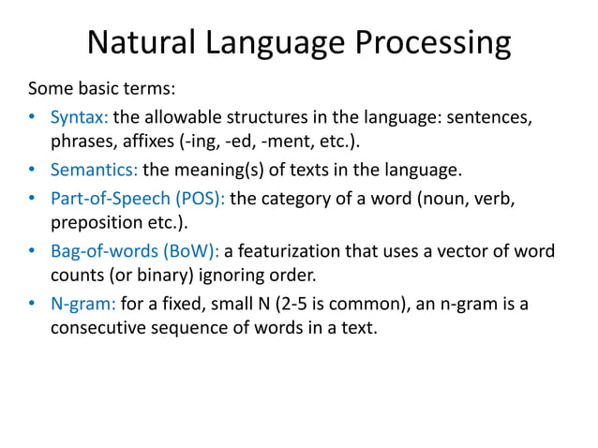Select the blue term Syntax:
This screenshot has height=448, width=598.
(x=79, y=118)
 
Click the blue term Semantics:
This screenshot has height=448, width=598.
(x=94, y=171)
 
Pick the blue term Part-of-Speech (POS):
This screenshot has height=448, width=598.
(x=137, y=198)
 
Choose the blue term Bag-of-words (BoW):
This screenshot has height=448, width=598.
(x=134, y=251)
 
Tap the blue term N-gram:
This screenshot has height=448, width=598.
(x=83, y=304)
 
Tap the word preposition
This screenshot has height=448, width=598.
(x=95, y=224)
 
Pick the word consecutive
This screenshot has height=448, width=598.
(x=97, y=329)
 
